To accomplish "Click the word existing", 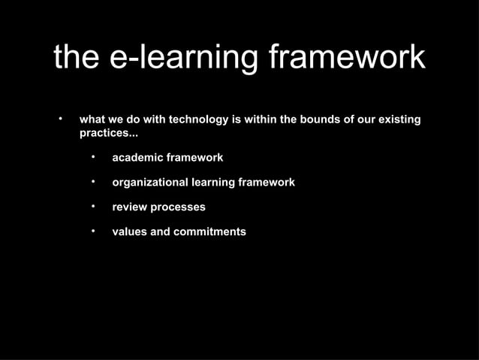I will click(397, 120).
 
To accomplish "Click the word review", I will click(130, 207).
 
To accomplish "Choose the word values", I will click(130, 231).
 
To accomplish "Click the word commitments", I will click(209, 231).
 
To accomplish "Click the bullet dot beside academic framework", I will click(92, 158).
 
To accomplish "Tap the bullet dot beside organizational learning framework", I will click(92, 182).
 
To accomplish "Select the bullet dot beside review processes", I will click(92, 206).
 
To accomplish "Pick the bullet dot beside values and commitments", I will click(92, 231).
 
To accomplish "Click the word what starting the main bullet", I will click(92, 120).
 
